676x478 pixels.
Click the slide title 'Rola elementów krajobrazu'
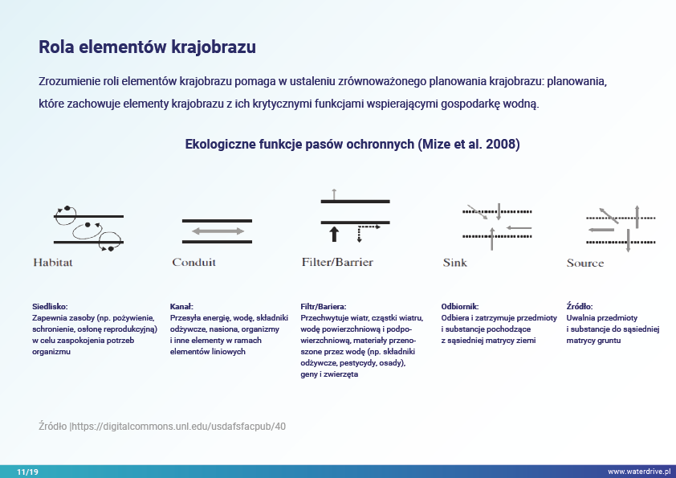point(147,47)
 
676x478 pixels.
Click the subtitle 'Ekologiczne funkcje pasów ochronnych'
point(299,145)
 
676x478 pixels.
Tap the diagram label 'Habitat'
point(53,263)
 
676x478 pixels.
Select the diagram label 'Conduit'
point(193,263)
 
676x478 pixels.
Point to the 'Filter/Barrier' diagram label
point(337,263)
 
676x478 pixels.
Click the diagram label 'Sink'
point(454,263)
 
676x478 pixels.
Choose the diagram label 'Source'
point(584,263)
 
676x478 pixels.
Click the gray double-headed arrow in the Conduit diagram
point(218,231)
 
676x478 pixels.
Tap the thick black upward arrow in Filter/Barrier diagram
point(335,234)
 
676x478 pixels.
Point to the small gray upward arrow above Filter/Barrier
point(334,193)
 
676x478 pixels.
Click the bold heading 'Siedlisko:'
point(50,306)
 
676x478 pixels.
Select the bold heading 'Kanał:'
point(182,306)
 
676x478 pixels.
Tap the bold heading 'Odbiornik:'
point(460,306)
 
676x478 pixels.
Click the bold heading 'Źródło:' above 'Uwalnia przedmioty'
point(580,306)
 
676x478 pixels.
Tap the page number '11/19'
point(27,472)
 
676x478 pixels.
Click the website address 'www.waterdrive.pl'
point(638,472)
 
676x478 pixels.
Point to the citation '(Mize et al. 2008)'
point(468,145)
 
